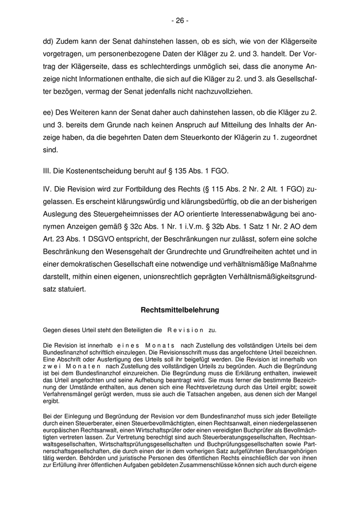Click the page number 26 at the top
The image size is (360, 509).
click(180, 21)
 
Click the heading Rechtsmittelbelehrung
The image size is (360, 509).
click(180, 310)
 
